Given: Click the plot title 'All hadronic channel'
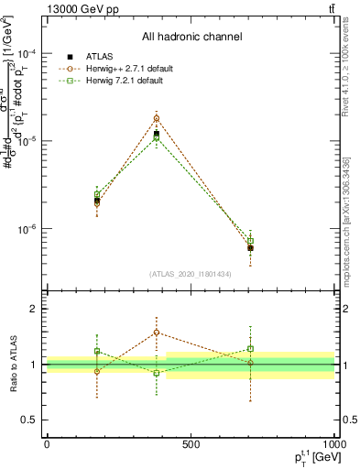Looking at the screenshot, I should pyautogui.click(x=191, y=38).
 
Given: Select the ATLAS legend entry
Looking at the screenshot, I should pyautogui.click(x=108, y=57).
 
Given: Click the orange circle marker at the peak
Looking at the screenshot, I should pyautogui.click(x=157, y=118).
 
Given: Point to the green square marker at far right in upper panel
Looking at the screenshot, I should pyautogui.click(x=250, y=241).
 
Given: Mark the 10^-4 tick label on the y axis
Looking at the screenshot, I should pyautogui.click(x=28, y=54).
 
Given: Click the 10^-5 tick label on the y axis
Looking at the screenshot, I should pyautogui.click(x=28, y=141).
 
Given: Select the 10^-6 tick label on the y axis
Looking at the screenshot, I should pyautogui.click(x=28, y=229).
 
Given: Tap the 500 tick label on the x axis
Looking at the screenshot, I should pyautogui.click(x=191, y=444).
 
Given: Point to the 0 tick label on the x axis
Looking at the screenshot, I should pyautogui.click(x=47, y=444).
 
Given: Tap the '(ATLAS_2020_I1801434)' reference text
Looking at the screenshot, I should pyautogui.click(x=191, y=274).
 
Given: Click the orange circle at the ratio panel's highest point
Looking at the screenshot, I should pyautogui.click(x=157, y=333).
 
